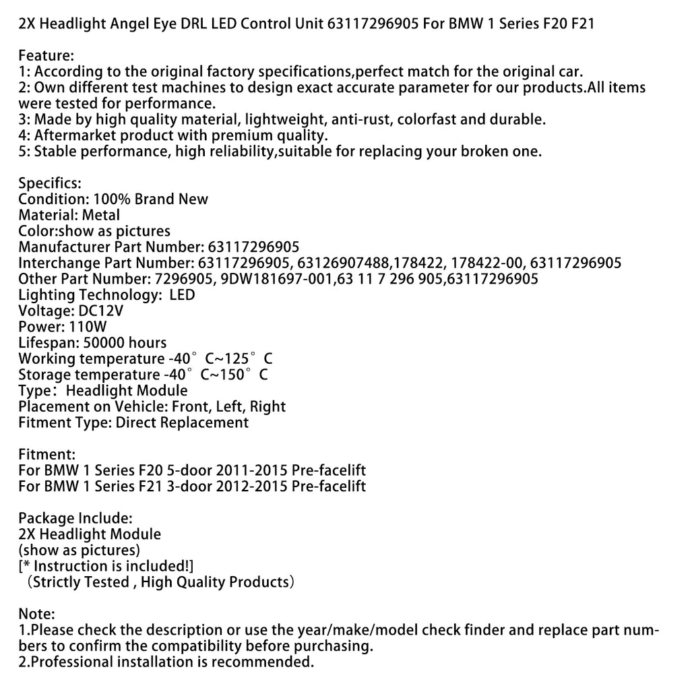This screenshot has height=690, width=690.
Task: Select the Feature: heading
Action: (46, 56)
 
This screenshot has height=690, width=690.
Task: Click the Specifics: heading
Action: (50, 183)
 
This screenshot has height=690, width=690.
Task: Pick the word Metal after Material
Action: (101, 216)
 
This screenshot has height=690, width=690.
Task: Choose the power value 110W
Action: (88, 327)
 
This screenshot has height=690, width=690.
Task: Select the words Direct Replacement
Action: (182, 423)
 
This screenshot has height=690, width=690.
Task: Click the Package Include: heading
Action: (75, 518)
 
